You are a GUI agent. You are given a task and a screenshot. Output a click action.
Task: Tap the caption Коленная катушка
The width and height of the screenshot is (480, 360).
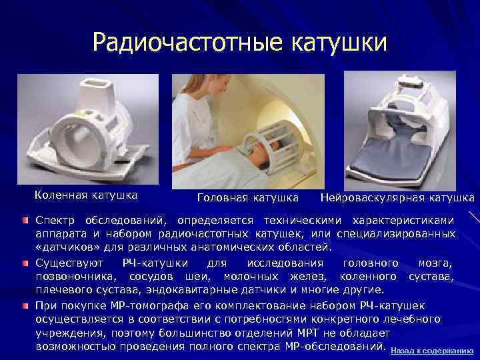point(86,195)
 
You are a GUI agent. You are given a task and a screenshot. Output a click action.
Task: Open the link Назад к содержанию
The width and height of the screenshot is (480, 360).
point(432,350)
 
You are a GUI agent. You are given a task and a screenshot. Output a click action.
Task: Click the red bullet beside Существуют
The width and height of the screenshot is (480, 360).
point(25,263)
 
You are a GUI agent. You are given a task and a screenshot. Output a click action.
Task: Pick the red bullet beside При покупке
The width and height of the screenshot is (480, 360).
point(25,305)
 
